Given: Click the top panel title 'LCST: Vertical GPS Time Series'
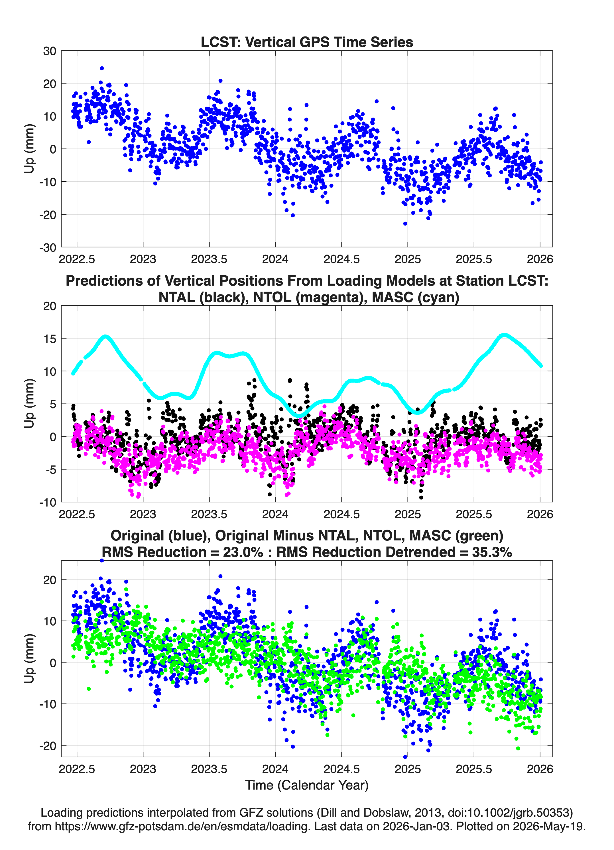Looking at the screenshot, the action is coord(307,42).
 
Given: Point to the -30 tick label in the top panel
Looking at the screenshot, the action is coord(48,247).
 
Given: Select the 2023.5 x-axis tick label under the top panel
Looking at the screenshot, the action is coord(209,259).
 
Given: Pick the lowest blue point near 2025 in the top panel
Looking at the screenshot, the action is coord(405,224).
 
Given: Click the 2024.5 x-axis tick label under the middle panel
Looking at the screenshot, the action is coord(341,514).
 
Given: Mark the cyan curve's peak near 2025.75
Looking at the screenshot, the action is coord(505,335).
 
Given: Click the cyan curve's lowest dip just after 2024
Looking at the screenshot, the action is coord(298,415).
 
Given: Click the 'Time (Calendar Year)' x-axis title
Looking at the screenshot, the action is coord(307,785).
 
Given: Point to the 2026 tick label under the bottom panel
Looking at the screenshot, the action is coord(540,769).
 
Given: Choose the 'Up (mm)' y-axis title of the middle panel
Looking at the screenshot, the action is coord(29,404).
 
